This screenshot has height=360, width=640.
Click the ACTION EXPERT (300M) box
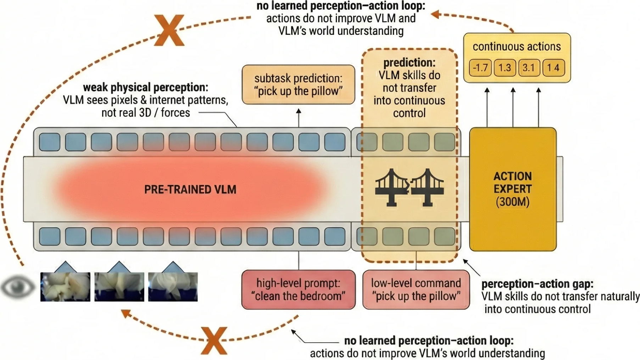coord(513,189)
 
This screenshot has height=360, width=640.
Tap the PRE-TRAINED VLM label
coord(190,189)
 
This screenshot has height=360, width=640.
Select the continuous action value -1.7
coord(480,68)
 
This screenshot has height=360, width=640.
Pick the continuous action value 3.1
coord(529,68)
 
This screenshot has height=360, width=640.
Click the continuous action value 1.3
coord(505,68)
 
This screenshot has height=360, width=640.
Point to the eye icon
coord(18,287)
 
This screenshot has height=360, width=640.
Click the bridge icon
coord(409,187)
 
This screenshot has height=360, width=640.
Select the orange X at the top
coord(169,30)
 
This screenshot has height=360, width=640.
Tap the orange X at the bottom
coord(214,340)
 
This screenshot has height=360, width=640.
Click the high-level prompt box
coord(298,289)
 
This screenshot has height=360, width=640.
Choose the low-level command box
coord(416,289)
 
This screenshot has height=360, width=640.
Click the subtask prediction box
coord(298,84)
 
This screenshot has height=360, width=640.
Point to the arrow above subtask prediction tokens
coord(299,117)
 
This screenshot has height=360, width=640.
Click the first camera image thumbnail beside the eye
coord(65,287)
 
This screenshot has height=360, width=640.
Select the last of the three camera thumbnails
coord(173,287)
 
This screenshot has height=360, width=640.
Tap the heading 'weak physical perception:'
coord(145,87)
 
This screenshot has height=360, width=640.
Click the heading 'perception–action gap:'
coord(537,284)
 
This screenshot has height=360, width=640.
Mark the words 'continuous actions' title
coord(517,46)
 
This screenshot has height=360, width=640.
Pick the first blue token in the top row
coord(50,142)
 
